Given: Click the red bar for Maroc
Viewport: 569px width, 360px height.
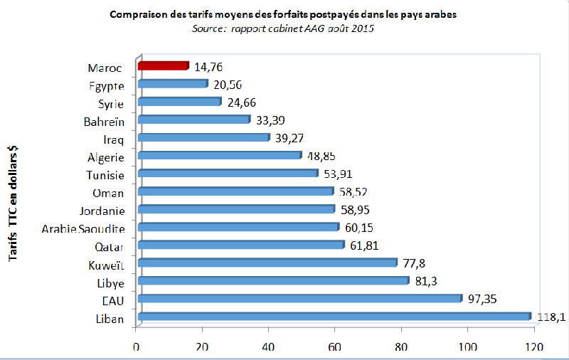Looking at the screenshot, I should click(163, 66).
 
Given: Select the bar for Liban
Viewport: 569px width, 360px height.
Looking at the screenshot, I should click(334, 317).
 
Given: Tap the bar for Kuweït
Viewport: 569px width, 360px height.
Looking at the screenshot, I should click(267, 263).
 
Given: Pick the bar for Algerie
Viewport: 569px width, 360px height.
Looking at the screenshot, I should click(220, 155).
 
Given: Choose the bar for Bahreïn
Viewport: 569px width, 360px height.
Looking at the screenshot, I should click(194, 120).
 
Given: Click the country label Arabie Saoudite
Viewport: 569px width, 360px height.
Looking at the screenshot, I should click(83, 228).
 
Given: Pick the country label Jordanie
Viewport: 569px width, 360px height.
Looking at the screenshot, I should click(103, 211).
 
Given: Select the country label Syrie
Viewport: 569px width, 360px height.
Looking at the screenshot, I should click(111, 103).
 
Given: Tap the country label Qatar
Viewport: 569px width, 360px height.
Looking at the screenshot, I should click(110, 247).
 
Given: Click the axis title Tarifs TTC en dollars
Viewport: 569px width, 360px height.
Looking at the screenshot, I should click(13, 203).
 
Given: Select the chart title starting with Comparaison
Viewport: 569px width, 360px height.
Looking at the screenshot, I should click(283, 15).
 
